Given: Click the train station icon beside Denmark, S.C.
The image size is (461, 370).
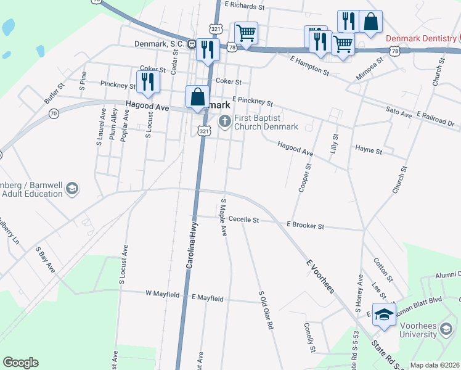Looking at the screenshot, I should click(x=192, y=44).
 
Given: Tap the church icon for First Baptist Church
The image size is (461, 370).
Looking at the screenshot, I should click(x=225, y=121).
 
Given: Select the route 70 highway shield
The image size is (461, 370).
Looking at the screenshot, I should click(x=54, y=113).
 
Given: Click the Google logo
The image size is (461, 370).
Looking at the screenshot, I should click(x=20, y=363).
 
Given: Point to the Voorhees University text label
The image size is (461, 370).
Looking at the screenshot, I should click(x=426, y=330).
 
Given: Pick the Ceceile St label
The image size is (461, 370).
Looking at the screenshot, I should click(x=243, y=219).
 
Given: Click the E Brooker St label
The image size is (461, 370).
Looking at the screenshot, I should click(x=306, y=226).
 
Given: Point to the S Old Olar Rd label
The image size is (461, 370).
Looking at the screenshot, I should click(x=266, y=310).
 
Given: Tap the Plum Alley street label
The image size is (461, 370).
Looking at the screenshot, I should click(x=113, y=124).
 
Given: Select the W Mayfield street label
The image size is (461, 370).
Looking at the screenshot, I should click(x=163, y=294).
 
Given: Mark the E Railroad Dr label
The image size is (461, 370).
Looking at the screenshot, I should click(x=435, y=118).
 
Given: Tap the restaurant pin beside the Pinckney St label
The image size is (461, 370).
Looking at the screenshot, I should click(x=147, y=83).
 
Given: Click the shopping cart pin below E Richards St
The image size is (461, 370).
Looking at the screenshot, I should click(x=246, y=33).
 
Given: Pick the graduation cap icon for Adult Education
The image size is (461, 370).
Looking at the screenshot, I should click(x=72, y=188).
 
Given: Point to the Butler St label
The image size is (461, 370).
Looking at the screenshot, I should click(x=54, y=94).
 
